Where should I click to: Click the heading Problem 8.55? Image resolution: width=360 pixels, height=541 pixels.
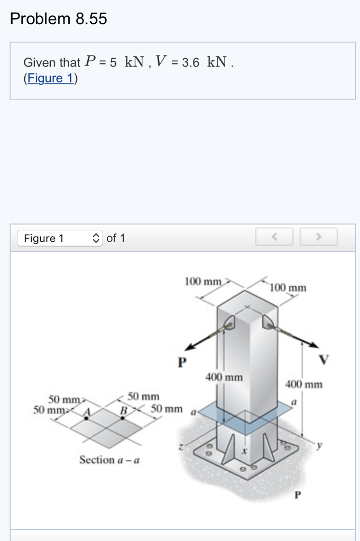click(59, 19)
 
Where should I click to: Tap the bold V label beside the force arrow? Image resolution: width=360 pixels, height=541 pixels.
click(324, 360)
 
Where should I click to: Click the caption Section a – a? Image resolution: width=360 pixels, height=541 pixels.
click(109, 460)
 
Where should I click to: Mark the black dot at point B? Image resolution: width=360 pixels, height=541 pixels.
click(123, 417)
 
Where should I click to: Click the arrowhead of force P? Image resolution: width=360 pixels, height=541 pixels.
click(189, 347)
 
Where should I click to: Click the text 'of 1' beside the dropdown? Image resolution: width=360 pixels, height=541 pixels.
click(116, 238)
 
